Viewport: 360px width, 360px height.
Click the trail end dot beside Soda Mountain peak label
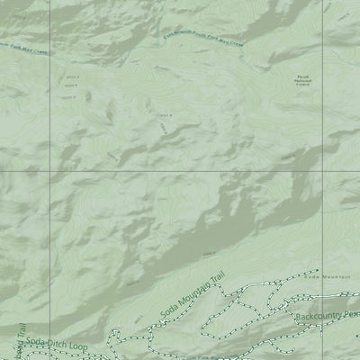tap(318, 269)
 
